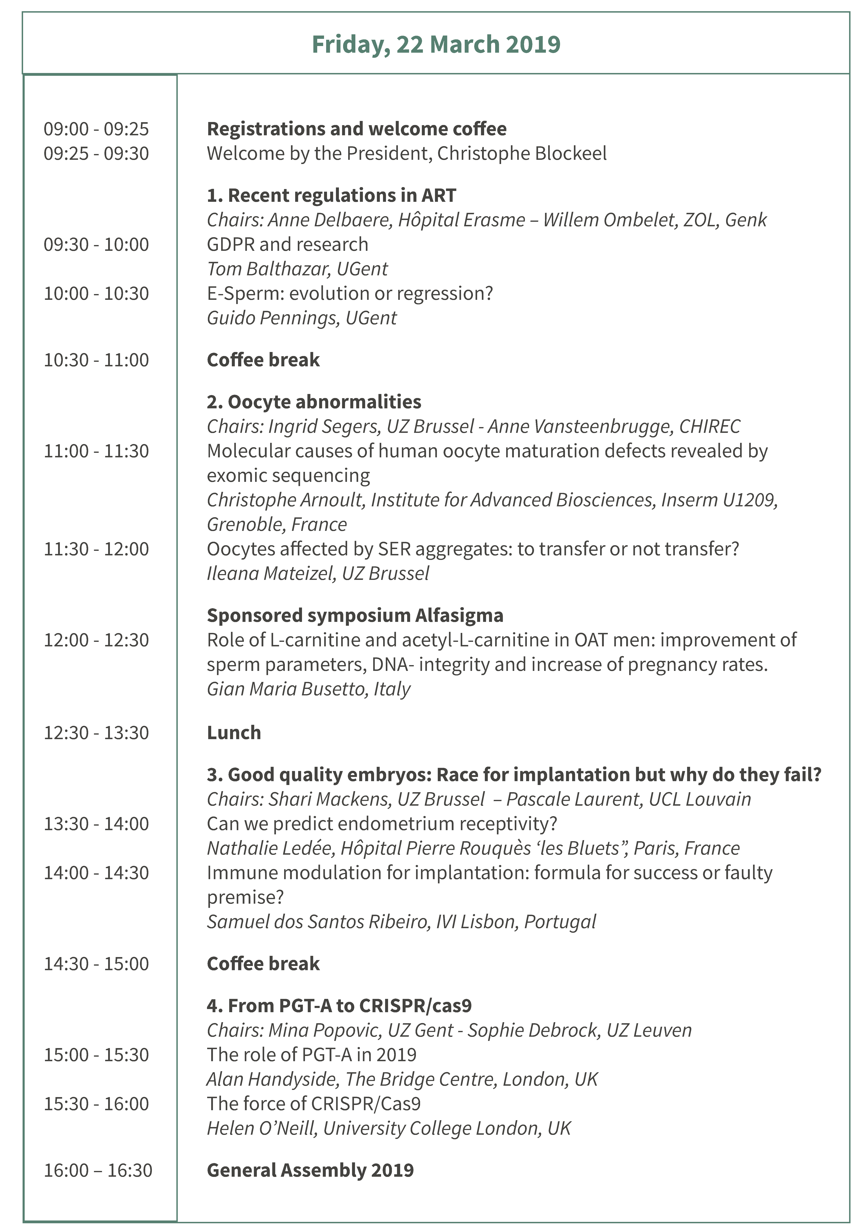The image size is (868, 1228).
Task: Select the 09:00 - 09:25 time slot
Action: (x=96, y=129)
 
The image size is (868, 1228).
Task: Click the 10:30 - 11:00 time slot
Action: (x=96, y=360)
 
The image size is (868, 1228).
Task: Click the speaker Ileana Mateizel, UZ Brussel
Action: (x=318, y=573)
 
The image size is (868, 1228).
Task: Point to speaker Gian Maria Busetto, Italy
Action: (x=309, y=689)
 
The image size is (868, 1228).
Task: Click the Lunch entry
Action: (x=234, y=733)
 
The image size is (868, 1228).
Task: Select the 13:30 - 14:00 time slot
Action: (x=96, y=824)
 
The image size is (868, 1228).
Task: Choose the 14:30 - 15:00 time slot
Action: (x=96, y=964)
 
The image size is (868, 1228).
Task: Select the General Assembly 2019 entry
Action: (x=310, y=1170)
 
